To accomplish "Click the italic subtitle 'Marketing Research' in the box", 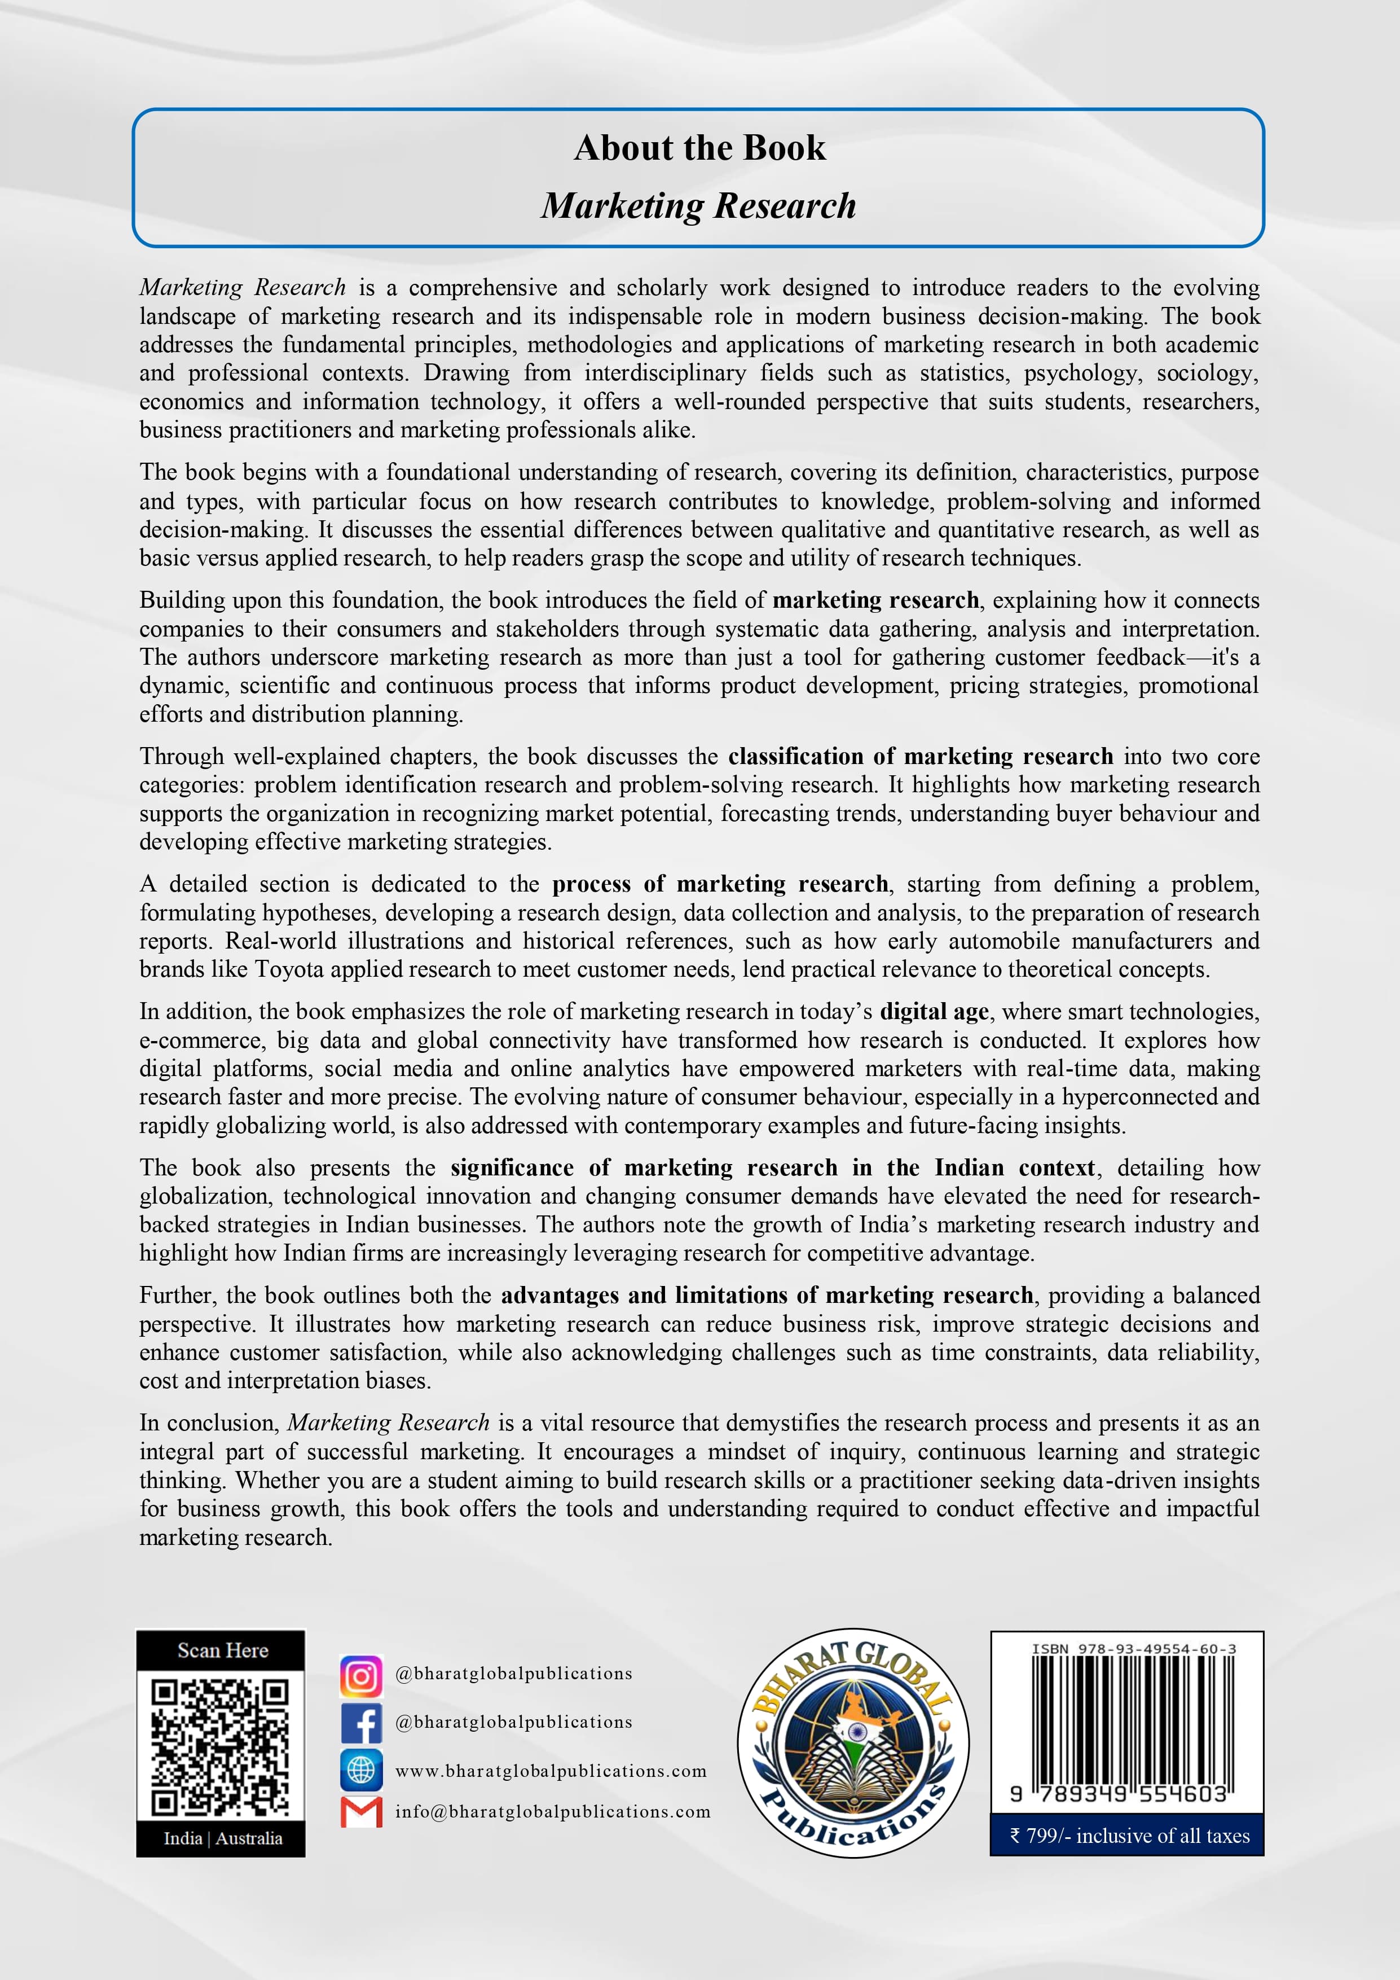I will (699, 205).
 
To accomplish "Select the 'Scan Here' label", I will (222, 1650).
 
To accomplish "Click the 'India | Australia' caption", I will (222, 1838).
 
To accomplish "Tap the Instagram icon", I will (361, 1676).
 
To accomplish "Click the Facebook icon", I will (361, 1724).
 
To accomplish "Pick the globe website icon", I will (361, 1771).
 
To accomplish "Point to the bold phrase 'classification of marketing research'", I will (921, 756).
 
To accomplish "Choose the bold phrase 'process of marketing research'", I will (720, 884).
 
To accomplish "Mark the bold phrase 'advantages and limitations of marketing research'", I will (767, 1296).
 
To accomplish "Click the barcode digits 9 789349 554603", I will (1118, 1794).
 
